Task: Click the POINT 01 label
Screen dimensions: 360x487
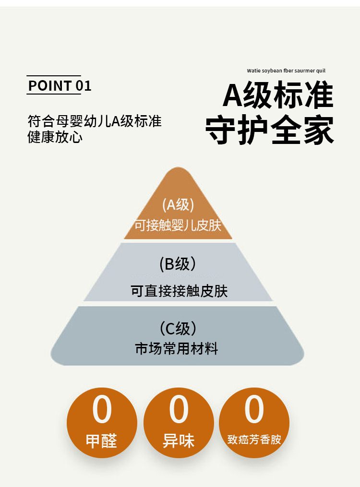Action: pyautogui.click(x=60, y=86)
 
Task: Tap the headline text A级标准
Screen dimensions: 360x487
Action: pyautogui.click(x=278, y=95)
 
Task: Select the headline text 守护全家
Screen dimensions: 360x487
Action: pyautogui.click(x=270, y=130)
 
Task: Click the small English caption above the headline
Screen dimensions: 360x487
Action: pyautogui.click(x=286, y=71)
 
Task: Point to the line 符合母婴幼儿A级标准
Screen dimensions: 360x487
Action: pyautogui.click(x=95, y=121)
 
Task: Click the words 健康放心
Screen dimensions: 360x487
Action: pyautogui.click(x=55, y=137)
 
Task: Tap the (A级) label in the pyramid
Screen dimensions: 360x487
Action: pyautogui.click(x=178, y=205)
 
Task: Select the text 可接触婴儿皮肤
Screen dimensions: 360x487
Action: pyautogui.click(x=178, y=226)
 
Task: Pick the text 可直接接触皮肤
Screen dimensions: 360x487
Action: pyautogui.click(x=179, y=291)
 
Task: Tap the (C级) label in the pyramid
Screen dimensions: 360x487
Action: pyautogui.click(x=178, y=329)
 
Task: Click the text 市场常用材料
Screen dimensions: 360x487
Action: pyautogui.click(x=177, y=349)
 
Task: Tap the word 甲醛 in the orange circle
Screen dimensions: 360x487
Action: pyautogui.click(x=102, y=441)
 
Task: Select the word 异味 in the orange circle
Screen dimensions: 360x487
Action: pyautogui.click(x=179, y=441)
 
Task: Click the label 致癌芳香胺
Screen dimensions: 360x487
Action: pyautogui.click(x=254, y=439)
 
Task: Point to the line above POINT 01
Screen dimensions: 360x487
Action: pyautogui.click(x=53, y=76)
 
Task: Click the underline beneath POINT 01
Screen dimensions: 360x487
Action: pyautogui.click(x=53, y=94)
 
